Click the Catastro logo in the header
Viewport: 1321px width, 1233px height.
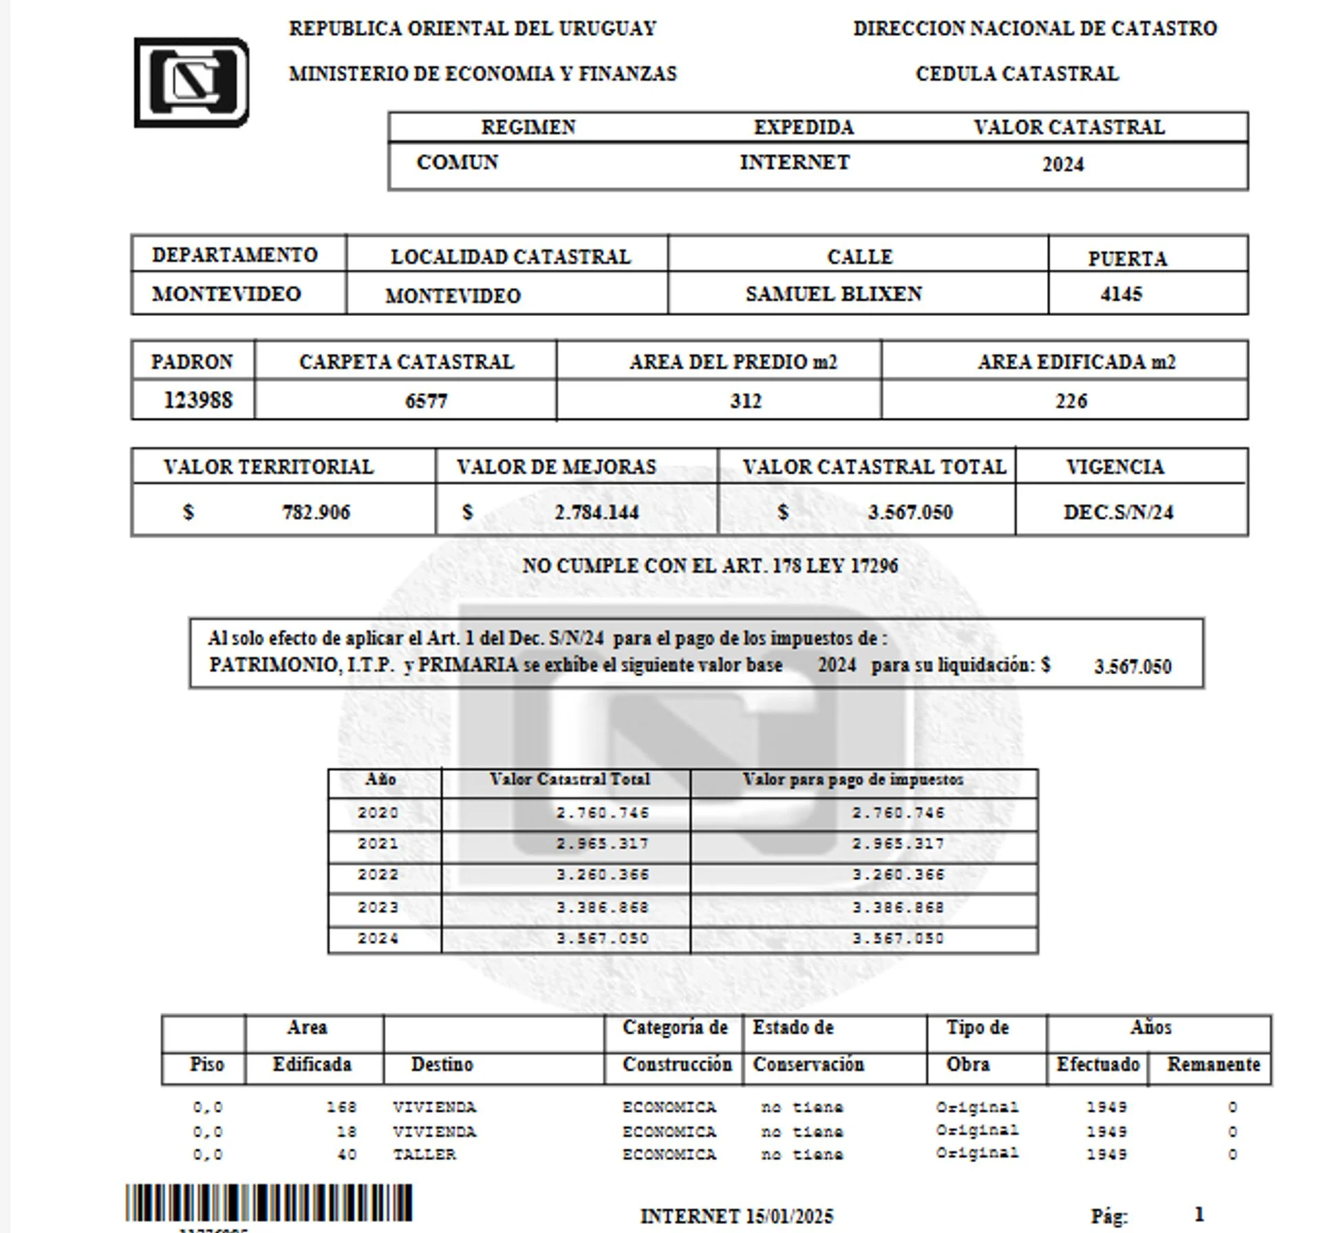click(191, 83)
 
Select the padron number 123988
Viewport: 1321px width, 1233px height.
click(198, 400)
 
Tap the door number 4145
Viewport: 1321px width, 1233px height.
click(1121, 294)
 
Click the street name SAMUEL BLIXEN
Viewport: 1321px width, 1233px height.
click(834, 294)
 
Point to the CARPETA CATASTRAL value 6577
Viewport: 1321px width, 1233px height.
click(426, 401)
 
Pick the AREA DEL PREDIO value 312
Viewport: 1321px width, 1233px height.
click(746, 401)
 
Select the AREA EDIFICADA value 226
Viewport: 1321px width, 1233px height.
click(1071, 401)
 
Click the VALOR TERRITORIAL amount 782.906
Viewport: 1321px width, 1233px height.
click(316, 512)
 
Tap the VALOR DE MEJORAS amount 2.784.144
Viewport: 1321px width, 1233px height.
click(597, 512)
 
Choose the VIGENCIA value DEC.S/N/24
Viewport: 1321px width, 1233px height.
click(1118, 512)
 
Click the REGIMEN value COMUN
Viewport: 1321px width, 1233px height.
click(457, 162)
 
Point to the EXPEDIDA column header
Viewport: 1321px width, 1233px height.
click(804, 127)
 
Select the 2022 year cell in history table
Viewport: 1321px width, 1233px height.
click(378, 874)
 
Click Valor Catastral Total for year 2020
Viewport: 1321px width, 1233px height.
click(603, 813)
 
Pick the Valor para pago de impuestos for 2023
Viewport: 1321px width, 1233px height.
click(898, 907)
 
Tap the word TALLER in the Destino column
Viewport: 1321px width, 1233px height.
click(424, 1155)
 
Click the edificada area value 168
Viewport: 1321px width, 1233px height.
click(341, 1108)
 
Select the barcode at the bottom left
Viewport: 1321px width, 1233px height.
click(269, 1203)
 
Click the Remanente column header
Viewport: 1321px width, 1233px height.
click(1213, 1064)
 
